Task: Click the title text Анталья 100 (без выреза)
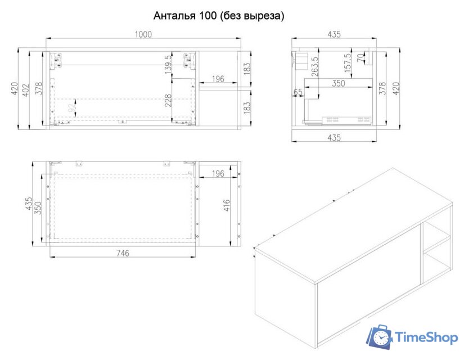[x=219, y=16]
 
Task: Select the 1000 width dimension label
[x=143, y=34]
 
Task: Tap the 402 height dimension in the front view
[x=26, y=90]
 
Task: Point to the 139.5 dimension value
[x=168, y=65]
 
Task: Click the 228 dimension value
[x=168, y=100]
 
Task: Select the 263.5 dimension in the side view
[x=315, y=66]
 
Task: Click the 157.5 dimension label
[x=348, y=62]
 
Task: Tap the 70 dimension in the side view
[x=361, y=57]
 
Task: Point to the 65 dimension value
[x=298, y=92]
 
